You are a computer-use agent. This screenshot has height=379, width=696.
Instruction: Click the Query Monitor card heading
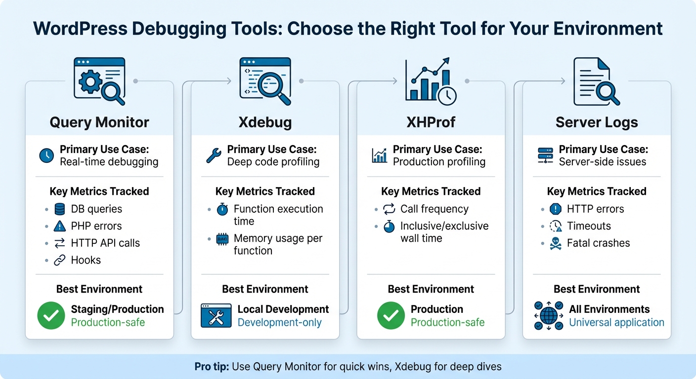99,122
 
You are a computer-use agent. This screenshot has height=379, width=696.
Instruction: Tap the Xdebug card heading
265,122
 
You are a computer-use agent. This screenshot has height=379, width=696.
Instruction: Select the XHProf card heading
431,122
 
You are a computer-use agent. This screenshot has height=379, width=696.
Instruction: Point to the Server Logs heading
597,122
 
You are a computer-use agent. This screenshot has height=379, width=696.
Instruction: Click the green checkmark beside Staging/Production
51,316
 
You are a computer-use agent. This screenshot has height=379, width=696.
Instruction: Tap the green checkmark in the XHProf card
391,316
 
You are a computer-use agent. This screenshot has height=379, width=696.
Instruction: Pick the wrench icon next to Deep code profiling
213,156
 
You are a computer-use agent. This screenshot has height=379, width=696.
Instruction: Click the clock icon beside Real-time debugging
46,156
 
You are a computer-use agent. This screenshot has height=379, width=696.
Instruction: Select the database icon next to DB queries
59,209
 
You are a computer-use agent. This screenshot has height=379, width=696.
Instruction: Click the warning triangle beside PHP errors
59,227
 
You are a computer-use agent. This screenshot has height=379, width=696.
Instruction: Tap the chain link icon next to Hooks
59,261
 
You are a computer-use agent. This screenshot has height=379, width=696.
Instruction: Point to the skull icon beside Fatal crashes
556,243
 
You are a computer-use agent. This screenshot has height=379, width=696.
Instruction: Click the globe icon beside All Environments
549,316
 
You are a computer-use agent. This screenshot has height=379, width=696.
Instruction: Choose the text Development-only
279,323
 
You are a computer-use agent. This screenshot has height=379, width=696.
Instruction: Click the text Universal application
616,323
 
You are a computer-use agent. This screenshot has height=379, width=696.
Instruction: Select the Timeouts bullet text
589,226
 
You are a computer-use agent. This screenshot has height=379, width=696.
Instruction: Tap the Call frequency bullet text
434,209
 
